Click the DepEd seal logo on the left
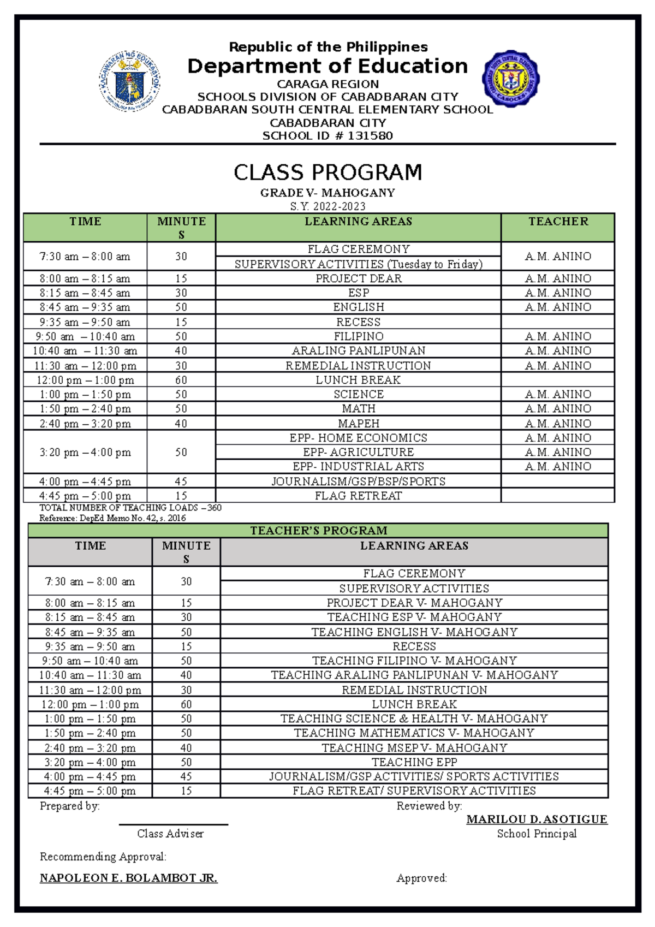coord(130,81)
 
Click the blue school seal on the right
coord(511,79)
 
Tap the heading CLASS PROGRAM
coord(327,173)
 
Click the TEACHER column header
coord(558,222)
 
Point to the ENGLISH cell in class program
coord(359,307)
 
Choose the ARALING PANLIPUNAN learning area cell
coord(359,351)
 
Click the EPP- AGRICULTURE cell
coord(359,452)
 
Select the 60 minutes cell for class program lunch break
coord(181,380)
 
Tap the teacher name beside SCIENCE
coord(558,394)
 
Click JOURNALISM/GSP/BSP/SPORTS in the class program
coord(359,482)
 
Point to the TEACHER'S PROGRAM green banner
coord(318,531)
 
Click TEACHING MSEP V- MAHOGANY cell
coord(414,748)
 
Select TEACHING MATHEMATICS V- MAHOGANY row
coord(414,733)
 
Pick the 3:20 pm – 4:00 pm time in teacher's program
coord(90,762)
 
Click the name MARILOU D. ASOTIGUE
coord(537,819)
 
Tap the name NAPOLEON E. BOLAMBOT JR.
coord(129,878)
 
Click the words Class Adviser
coord(170,834)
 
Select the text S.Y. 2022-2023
coord(327,206)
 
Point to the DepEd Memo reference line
coord(112,518)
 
